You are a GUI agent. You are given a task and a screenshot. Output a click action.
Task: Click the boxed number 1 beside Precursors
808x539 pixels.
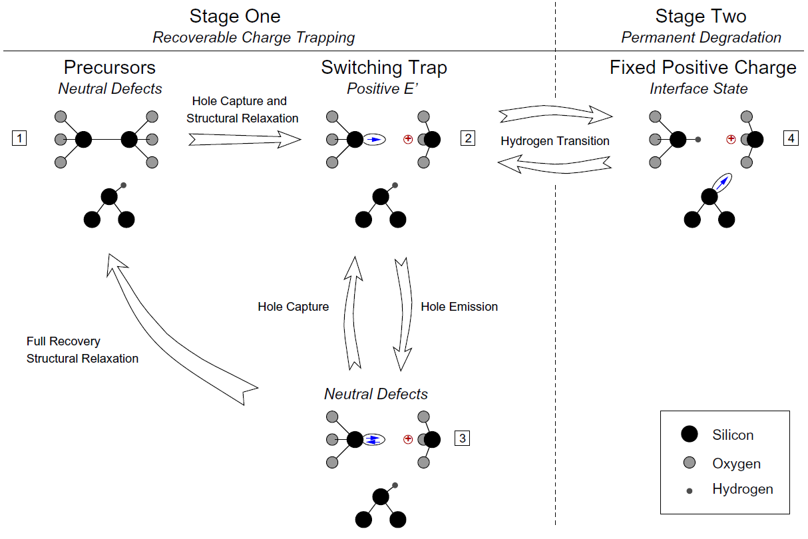[20, 139]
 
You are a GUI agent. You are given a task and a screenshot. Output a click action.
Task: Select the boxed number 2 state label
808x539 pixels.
[468, 139]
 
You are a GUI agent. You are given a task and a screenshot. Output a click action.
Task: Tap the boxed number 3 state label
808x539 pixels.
[463, 439]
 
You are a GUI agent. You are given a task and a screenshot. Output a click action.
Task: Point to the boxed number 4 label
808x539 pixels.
[790, 139]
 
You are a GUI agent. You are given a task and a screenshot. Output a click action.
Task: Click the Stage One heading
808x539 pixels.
[234, 17]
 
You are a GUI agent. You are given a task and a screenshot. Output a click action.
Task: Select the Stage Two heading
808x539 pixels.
[701, 17]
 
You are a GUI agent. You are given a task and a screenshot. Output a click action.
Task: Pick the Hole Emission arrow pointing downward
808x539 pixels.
[403, 313]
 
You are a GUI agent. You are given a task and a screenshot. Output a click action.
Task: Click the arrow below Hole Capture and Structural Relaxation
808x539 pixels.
[244, 140]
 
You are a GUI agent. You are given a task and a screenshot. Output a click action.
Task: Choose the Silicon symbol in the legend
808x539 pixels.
[690, 435]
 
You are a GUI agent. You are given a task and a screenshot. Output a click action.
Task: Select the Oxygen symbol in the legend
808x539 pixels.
[690, 463]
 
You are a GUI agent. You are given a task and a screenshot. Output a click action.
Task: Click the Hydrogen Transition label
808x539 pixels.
[555, 140]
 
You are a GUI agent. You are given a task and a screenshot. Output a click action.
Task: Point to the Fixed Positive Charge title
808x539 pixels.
[703, 68]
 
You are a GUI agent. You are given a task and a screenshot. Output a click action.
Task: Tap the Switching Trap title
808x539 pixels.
[384, 68]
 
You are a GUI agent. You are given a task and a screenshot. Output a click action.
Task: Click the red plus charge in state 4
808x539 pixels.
[731, 140]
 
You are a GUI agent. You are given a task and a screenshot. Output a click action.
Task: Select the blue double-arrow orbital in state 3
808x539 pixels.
[374, 439]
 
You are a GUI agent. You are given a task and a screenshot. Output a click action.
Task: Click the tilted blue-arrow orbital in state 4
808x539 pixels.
[720, 182]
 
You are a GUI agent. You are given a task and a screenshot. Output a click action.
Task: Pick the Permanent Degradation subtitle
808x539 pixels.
[701, 37]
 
